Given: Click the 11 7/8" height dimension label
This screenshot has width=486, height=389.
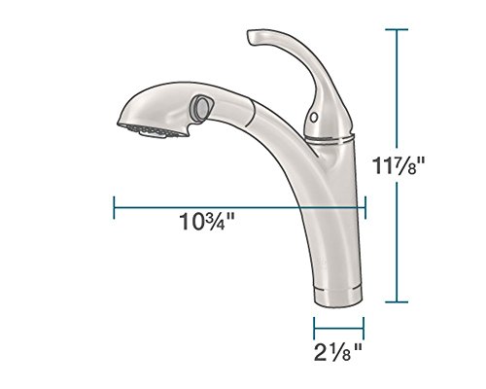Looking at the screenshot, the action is click(399, 165).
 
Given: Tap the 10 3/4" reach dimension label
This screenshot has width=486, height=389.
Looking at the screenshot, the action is click(207, 222).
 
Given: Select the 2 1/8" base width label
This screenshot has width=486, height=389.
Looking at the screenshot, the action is click(338, 352).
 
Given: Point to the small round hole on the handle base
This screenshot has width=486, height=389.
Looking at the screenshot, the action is click(313, 117).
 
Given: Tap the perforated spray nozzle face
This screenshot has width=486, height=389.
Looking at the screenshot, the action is click(153, 131).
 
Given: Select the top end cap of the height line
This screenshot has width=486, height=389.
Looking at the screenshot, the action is click(397, 29).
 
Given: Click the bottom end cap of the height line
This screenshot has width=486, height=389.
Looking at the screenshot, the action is click(397, 302).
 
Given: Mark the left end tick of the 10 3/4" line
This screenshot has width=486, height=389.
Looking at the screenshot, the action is click(114, 207).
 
